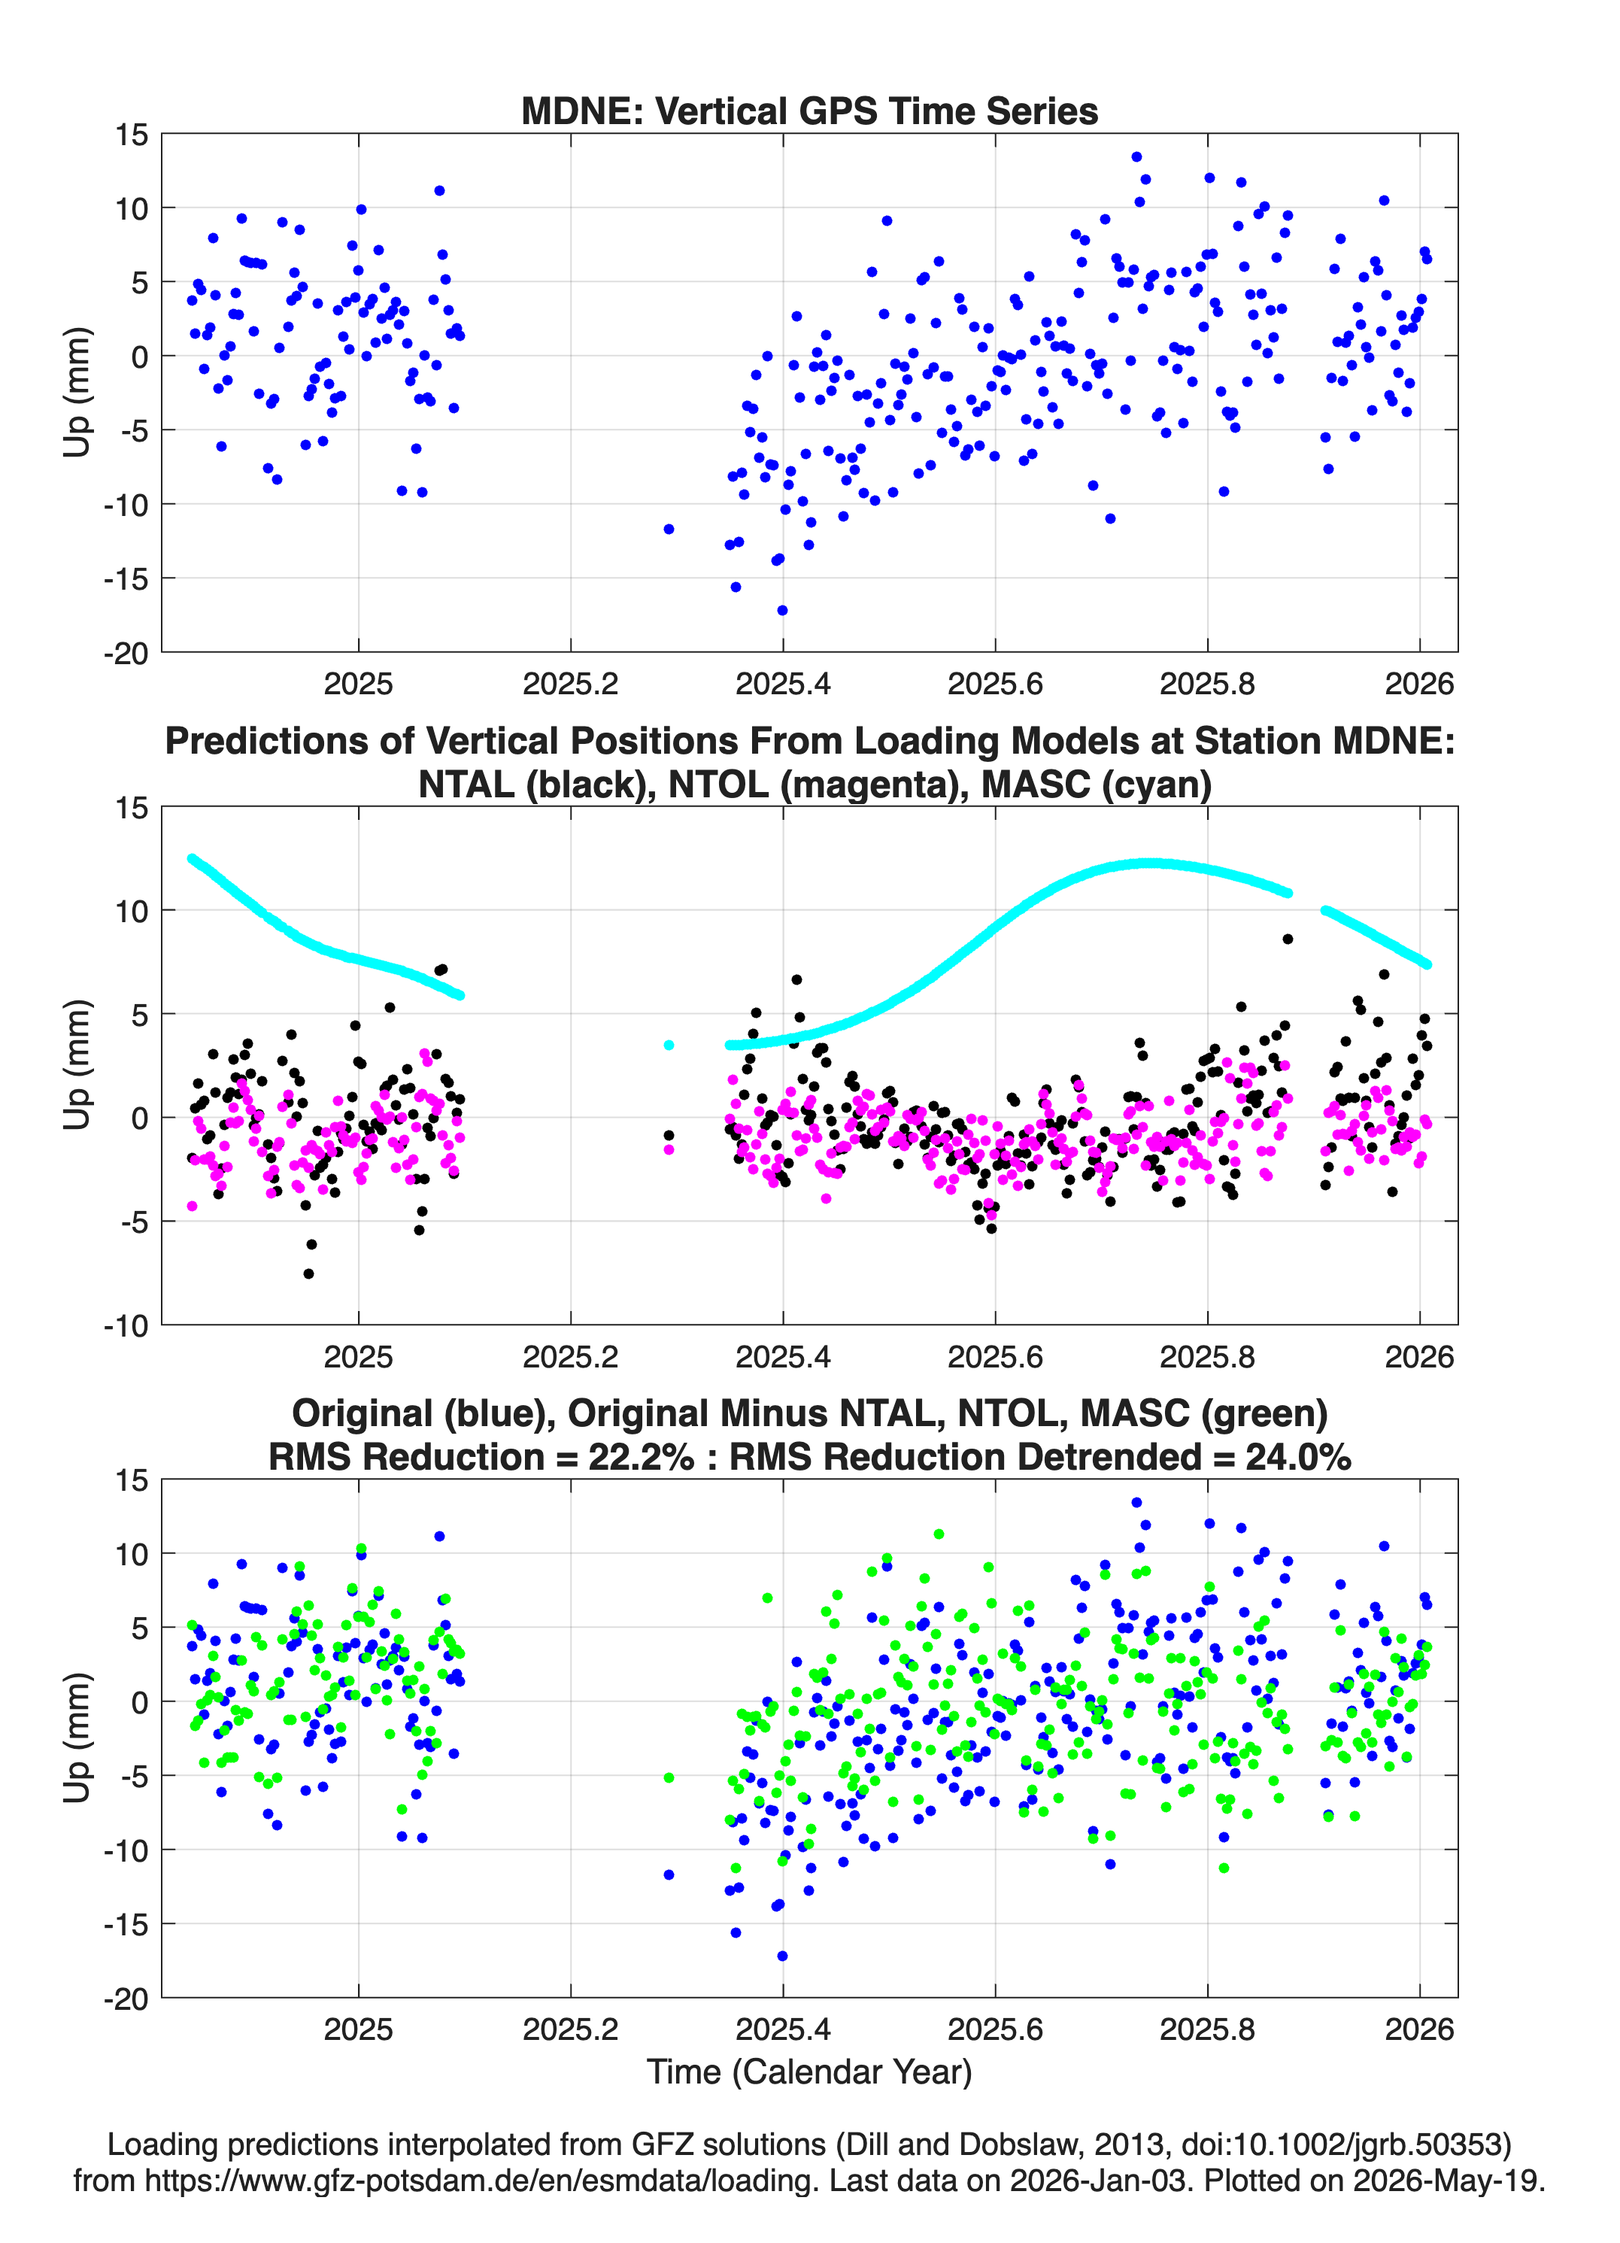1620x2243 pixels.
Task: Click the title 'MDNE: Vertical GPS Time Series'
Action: (x=809, y=111)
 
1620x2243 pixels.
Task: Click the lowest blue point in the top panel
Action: (x=782, y=610)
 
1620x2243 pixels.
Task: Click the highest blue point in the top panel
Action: (x=1136, y=157)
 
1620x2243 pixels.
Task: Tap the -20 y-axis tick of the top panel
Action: (x=126, y=653)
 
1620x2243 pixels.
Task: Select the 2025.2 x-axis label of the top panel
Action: (x=571, y=684)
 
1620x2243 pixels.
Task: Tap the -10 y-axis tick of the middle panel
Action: (x=126, y=1326)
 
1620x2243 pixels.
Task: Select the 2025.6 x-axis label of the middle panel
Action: (x=995, y=1357)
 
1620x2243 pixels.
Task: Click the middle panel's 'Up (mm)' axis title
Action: (x=77, y=1065)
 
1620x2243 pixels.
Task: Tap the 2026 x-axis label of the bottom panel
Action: (x=1419, y=2029)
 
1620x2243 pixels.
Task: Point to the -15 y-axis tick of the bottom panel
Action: (x=126, y=1925)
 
